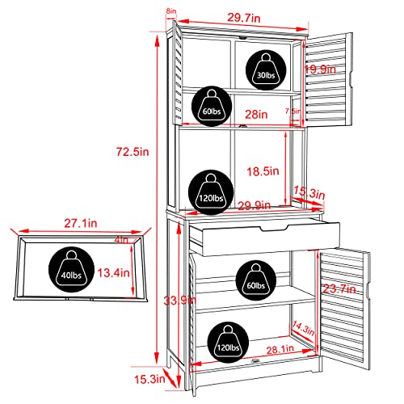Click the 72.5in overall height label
click(133, 152)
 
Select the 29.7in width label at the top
click(244, 18)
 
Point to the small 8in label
click(171, 11)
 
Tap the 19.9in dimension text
click(320, 69)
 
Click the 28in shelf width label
click(256, 115)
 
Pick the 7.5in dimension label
click(292, 111)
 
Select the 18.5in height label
click(263, 171)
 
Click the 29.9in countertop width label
click(255, 205)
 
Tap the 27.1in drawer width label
click(81, 223)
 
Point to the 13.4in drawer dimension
click(113, 273)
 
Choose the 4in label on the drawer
click(121, 239)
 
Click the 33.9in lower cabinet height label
click(180, 301)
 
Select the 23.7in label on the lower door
click(339, 289)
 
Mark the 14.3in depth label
click(304, 328)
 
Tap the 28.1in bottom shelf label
click(280, 350)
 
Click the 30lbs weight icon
click(266, 69)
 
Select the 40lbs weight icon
click(71, 269)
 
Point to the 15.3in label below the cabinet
click(149, 380)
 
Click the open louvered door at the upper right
click(329, 80)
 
